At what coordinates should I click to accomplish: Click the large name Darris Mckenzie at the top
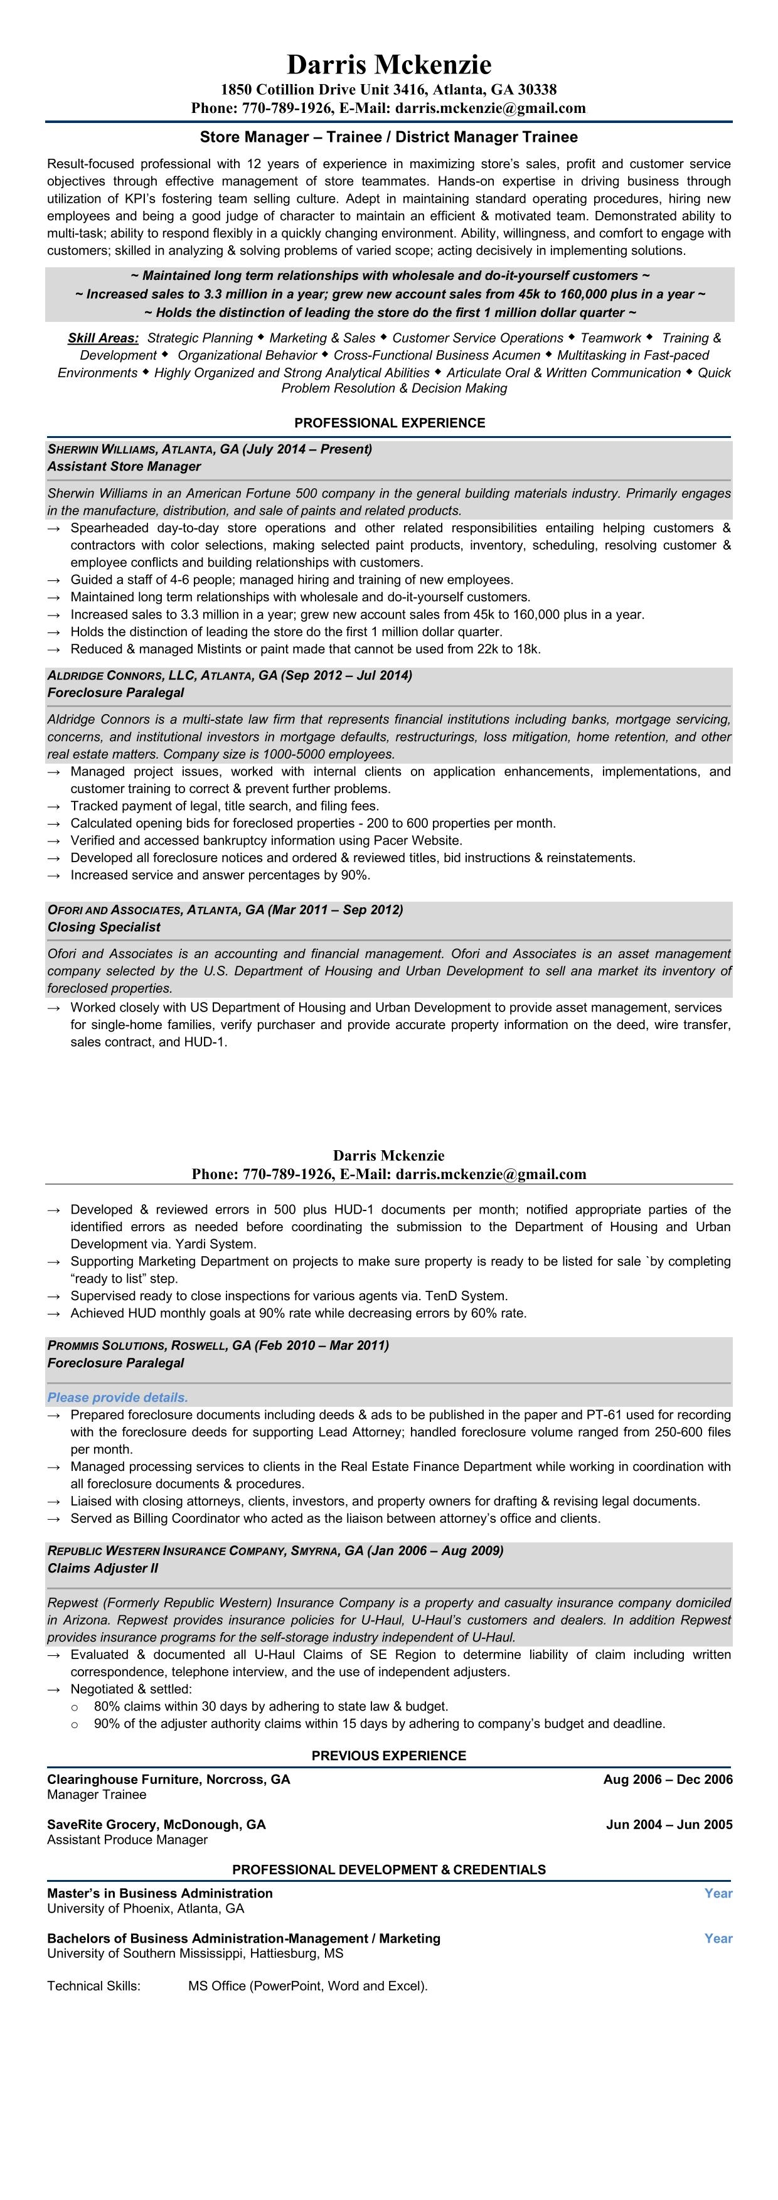click(x=388, y=65)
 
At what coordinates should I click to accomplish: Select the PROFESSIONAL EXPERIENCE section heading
click(x=390, y=423)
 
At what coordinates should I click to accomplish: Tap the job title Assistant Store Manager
click(x=124, y=466)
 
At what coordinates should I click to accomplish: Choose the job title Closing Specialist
click(x=104, y=927)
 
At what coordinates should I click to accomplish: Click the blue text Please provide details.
click(x=117, y=1397)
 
